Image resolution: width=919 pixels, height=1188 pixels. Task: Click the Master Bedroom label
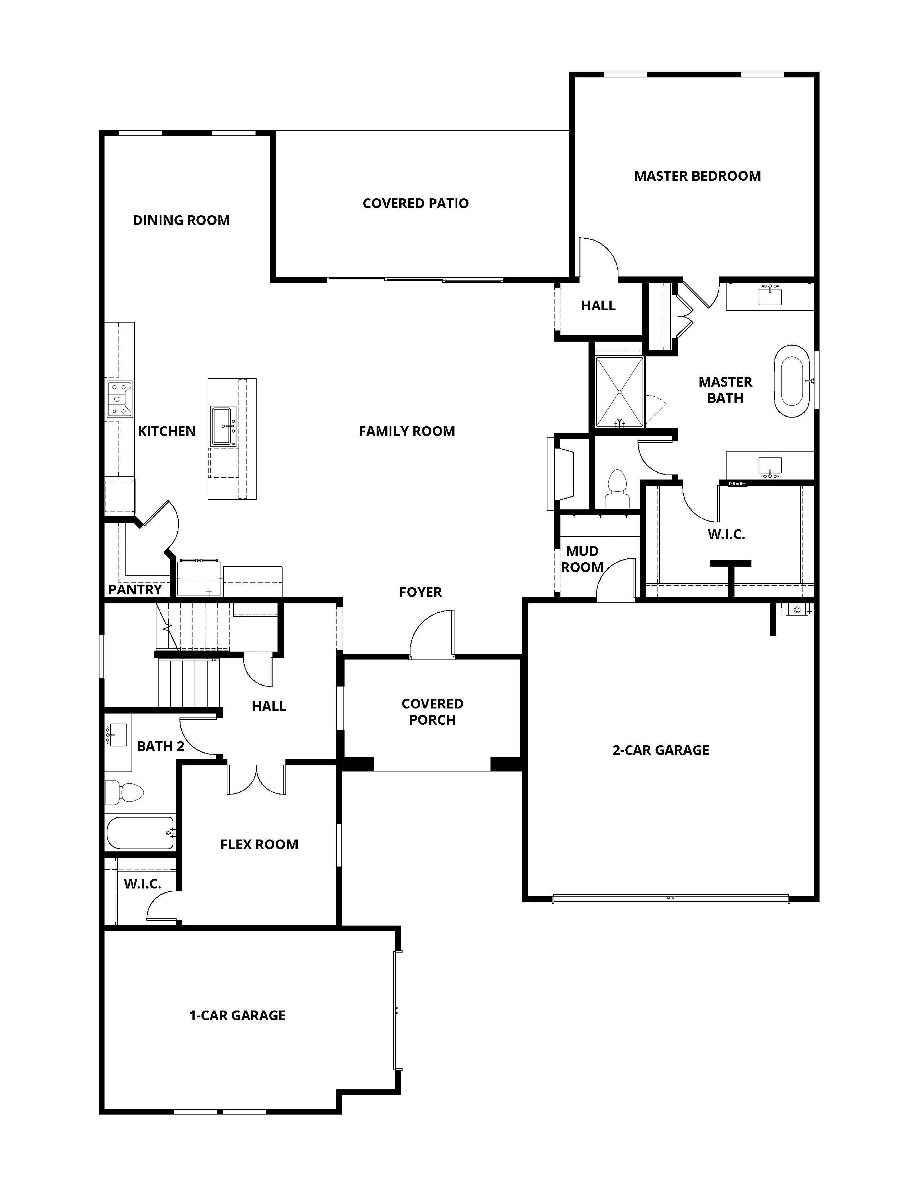697,176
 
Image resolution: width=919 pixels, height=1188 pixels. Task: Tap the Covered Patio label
416,203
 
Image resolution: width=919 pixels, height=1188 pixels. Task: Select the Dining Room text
181,220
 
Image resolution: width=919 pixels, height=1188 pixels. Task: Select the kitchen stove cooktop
119,399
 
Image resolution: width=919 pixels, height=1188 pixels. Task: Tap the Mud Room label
582,559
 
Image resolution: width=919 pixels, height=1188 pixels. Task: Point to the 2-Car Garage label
661,750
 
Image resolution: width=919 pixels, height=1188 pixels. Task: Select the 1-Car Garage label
237,1016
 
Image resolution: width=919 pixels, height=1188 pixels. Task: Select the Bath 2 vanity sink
117,734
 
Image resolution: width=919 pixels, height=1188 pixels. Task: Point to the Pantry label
135,590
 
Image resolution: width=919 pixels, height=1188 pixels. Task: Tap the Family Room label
407,431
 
